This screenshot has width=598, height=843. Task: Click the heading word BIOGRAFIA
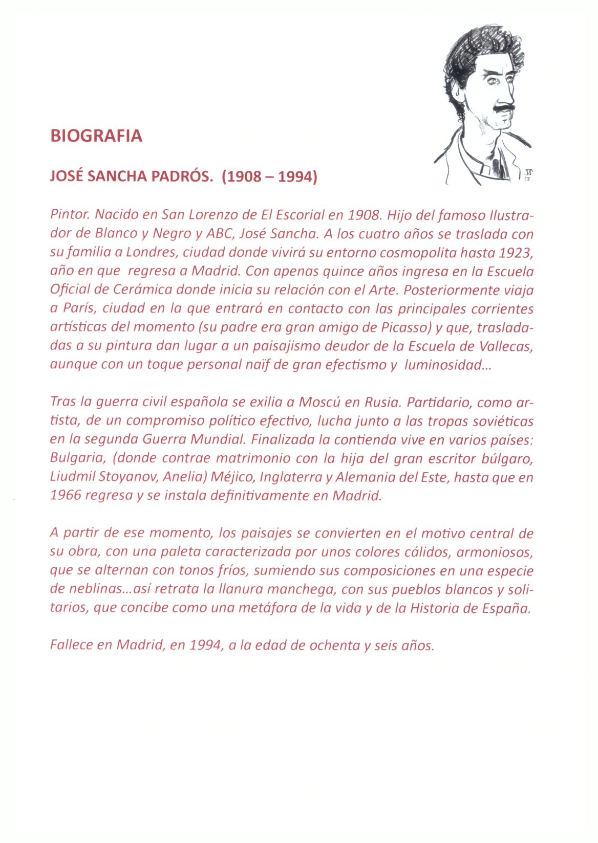96,136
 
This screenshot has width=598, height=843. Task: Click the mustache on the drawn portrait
501,108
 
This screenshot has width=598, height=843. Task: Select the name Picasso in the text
404,327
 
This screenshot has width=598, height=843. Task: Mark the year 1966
66,495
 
